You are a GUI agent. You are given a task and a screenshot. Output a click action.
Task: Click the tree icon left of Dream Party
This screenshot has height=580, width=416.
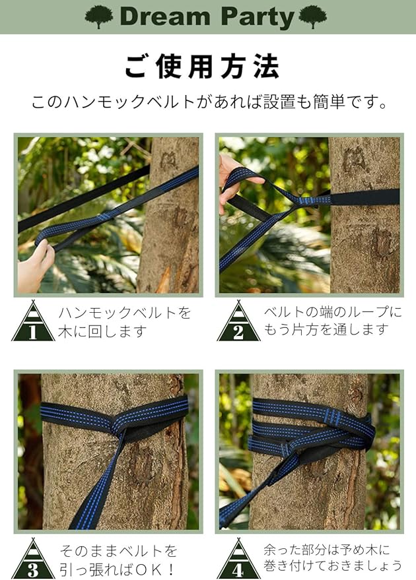point(99,16)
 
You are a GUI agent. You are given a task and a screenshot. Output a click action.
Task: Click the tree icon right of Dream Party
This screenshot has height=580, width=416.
point(313,16)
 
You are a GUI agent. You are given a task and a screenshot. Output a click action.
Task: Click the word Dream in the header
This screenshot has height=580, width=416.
point(166,16)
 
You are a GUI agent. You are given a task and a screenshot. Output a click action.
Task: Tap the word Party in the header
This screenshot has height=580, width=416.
point(258,18)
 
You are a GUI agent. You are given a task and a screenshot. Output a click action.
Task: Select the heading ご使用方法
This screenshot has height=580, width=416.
point(201,67)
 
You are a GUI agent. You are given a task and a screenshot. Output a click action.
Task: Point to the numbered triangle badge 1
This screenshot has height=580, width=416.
point(33,321)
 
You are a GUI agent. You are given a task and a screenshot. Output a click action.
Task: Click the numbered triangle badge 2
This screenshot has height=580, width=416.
point(238,321)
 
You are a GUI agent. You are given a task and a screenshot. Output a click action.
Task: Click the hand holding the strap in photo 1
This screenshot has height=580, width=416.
point(35,267)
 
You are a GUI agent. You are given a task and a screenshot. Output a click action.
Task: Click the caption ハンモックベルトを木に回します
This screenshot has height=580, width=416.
point(124,322)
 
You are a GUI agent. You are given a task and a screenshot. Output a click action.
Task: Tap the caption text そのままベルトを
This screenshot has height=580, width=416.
point(118,551)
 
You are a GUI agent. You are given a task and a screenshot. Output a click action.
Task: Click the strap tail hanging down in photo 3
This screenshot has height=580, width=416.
point(96,484)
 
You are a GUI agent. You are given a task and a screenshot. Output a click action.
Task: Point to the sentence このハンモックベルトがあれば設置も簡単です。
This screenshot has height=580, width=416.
point(209,102)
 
